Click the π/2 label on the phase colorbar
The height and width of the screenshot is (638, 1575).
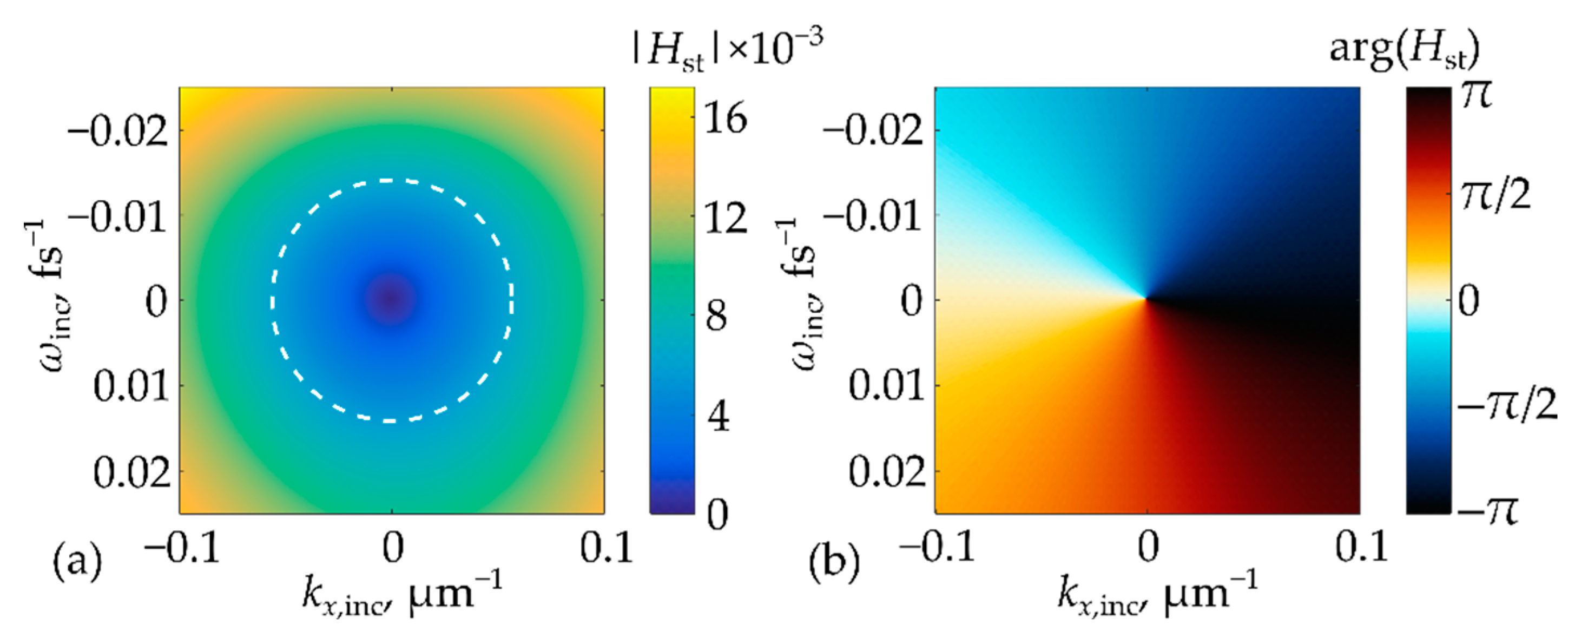(1495, 196)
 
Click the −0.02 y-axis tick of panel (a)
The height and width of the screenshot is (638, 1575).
(117, 131)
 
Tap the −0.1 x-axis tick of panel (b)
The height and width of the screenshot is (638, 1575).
(937, 546)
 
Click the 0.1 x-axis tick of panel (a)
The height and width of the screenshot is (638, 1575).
(605, 546)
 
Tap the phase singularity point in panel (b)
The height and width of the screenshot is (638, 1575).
(1146, 299)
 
